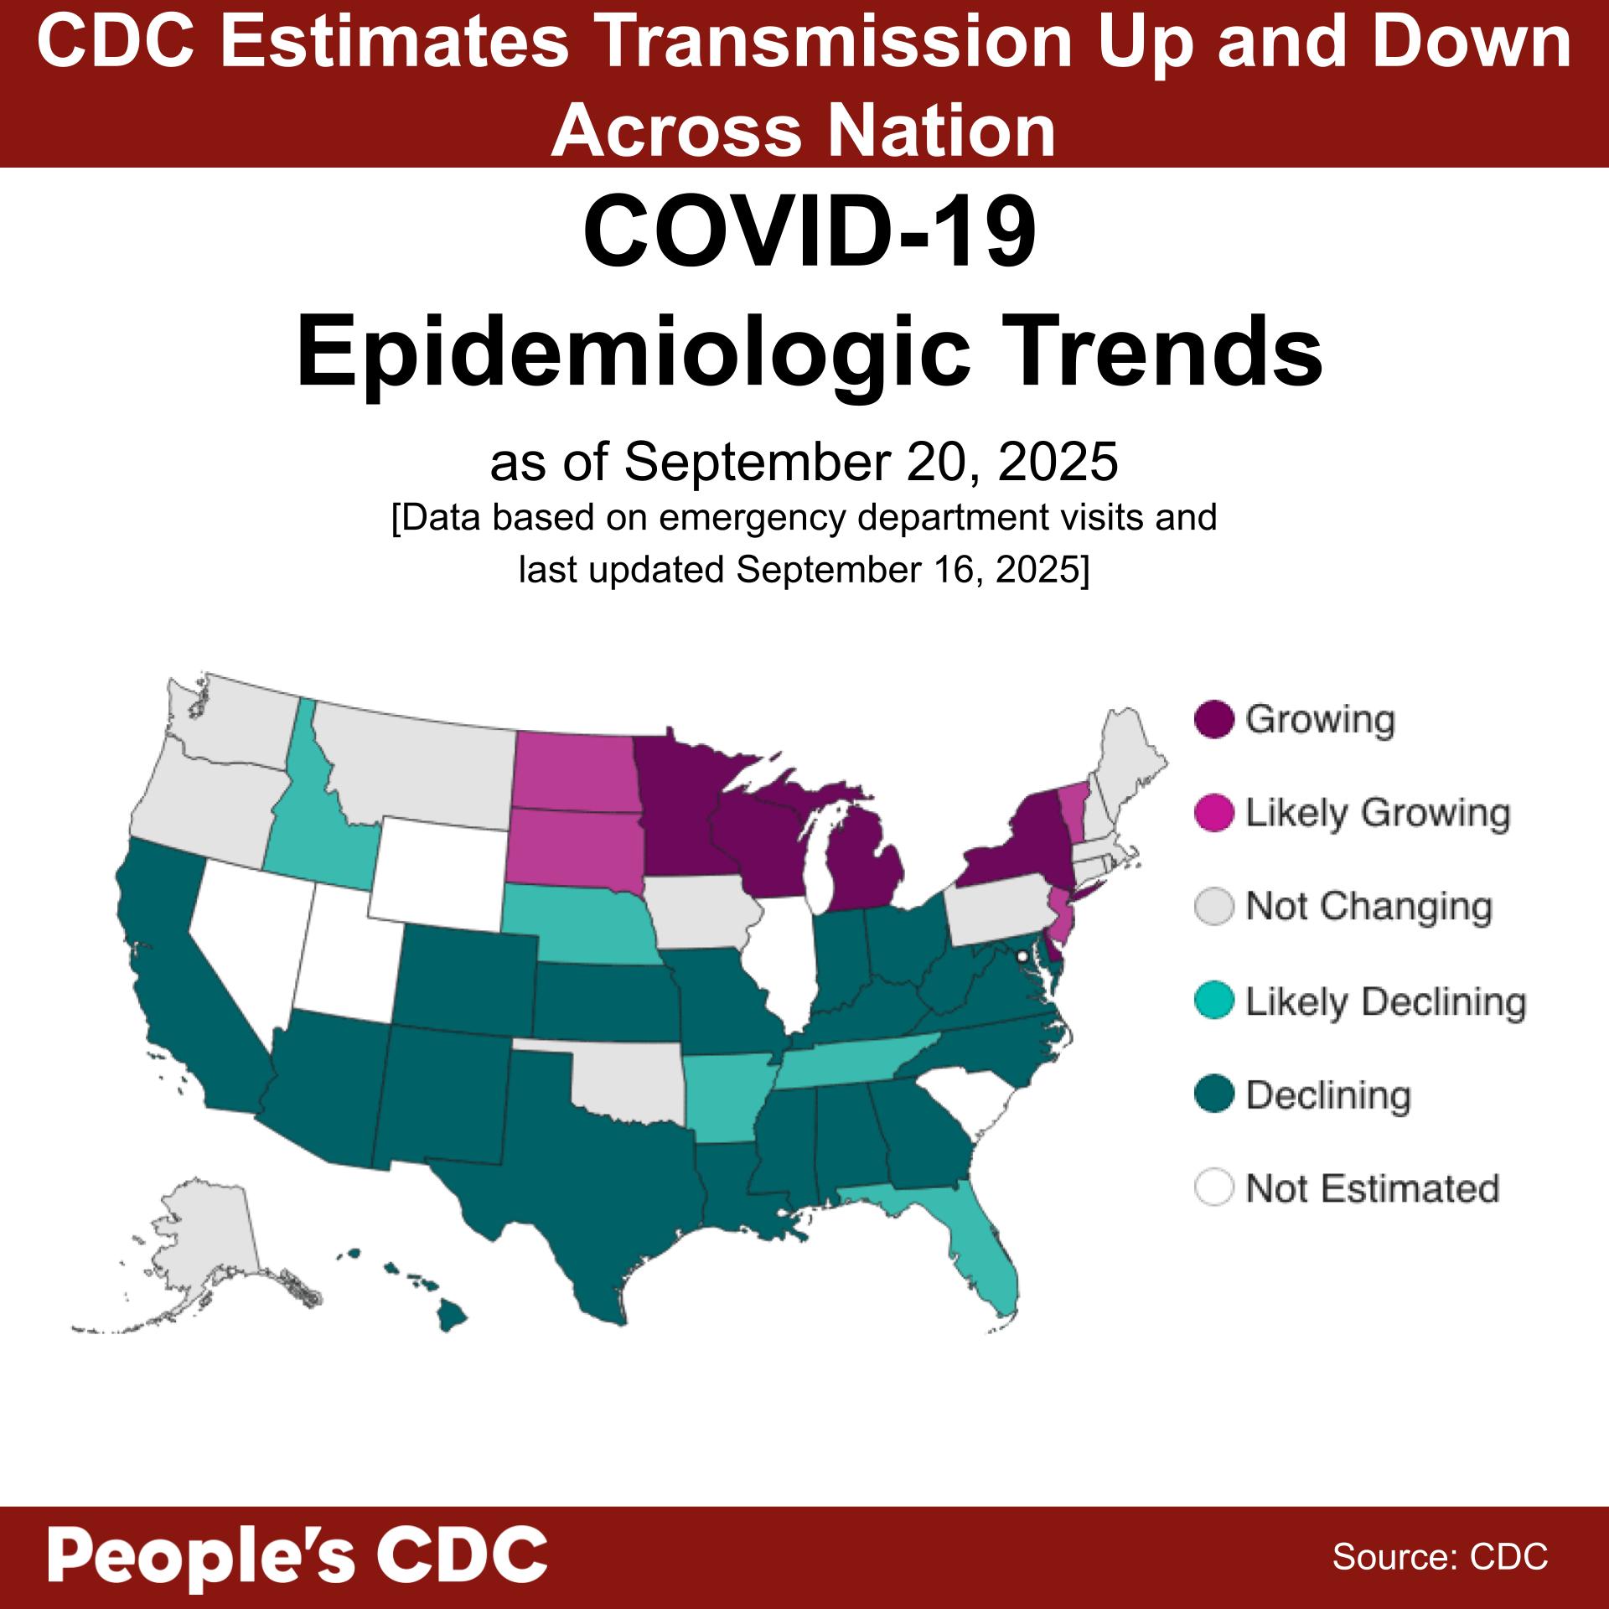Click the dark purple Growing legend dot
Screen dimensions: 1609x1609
click(x=1214, y=720)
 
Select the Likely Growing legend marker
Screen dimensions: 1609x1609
click(x=1214, y=814)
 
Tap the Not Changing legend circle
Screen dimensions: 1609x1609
click(x=1214, y=907)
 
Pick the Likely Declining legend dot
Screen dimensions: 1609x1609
click(x=1214, y=1001)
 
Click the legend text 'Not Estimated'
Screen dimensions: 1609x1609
click(x=1372, y=1188)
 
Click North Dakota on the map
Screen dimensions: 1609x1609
click(x=574, y=771)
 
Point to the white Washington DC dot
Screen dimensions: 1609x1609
click(x=1022, y=956)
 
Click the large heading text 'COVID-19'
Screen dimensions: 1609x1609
click(x=809, y=230)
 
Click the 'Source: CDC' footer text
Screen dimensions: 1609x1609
click(x=1440, y=1557)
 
